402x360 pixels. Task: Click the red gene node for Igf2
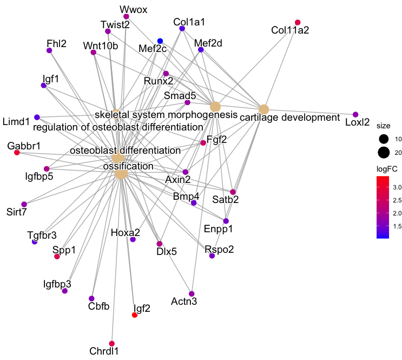coord(135,315)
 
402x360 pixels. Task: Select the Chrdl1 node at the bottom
coord(112,344)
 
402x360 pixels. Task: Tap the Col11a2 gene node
coord(297,22)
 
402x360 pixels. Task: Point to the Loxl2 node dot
coord(355,114)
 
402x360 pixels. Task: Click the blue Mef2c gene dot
coord(160,41)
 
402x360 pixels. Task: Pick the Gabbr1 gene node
coord(17,153)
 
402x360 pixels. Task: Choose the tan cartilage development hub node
coord(263,109)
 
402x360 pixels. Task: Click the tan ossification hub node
coord(121,174)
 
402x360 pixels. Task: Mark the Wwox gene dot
coord(126,17)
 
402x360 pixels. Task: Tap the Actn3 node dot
coord(192,293)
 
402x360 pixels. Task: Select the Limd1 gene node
coord(37,117)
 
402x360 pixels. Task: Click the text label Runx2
coord(158,81)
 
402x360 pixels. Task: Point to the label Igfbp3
coord(57,283)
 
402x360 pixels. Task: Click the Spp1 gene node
coord(57,256)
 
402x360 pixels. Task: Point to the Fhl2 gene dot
coord(49,50)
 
